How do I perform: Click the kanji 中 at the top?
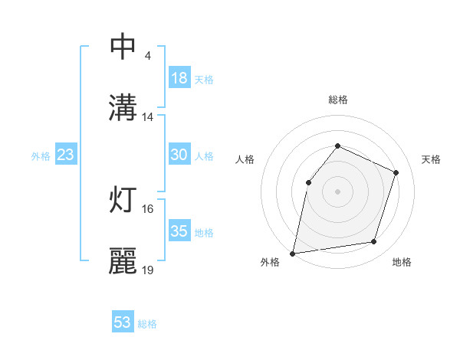123,47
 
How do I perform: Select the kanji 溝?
123,107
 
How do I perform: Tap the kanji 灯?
123,199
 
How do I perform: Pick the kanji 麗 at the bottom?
123,260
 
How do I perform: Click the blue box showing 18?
179,78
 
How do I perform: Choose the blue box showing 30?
179,155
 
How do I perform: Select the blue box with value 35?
179,231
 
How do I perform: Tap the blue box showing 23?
66,155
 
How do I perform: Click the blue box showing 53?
123,322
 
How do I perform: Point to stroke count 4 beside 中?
147,56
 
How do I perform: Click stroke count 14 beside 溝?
148,117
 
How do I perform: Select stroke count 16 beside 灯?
148,208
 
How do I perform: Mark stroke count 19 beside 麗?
148,270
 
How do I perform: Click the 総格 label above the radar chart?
338,100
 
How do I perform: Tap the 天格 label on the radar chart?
431,159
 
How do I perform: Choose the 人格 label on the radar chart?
245,159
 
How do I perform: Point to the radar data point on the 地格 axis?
374,242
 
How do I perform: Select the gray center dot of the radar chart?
337,191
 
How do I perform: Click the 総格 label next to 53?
147,324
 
